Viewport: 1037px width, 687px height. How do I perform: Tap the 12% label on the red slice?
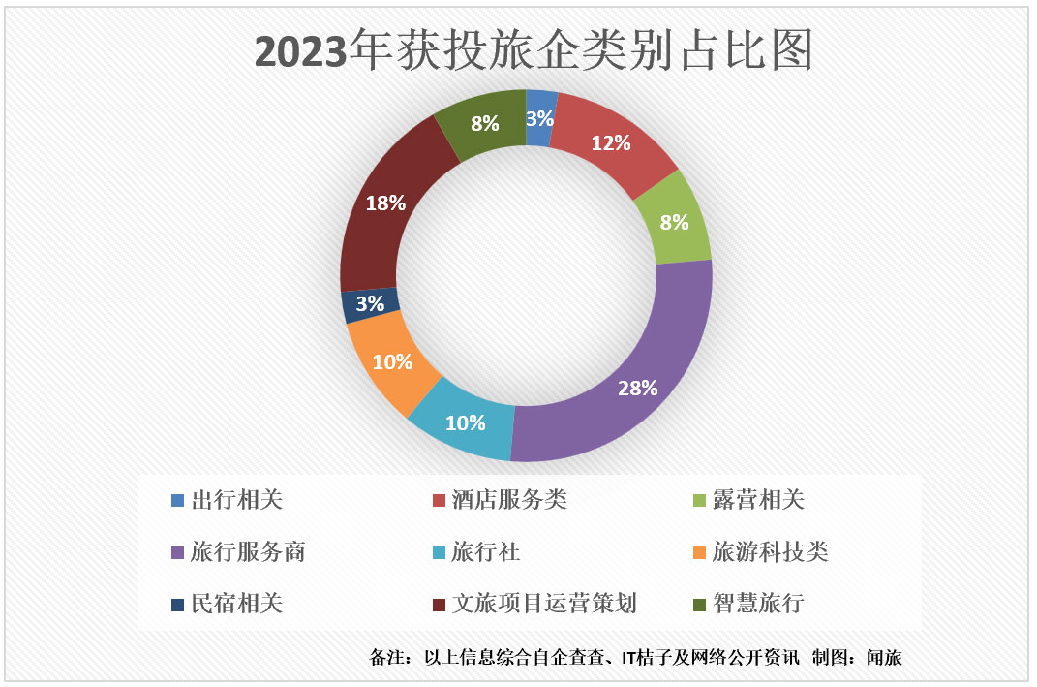[611, 143]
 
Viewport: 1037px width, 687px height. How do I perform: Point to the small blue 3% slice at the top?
[540, 118]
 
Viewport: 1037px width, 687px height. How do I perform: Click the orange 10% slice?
[393, 362]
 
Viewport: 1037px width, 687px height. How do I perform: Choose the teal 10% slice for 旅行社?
[465, 423]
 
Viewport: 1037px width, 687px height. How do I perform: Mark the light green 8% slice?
[673, 221]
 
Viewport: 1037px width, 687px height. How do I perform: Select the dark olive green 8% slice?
[484, 123]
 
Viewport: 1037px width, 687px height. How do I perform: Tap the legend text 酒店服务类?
[509, 500]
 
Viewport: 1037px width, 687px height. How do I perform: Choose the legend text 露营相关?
[758, 500]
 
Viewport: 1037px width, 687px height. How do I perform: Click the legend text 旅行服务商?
[249, 552]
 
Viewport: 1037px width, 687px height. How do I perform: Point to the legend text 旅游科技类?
[771, 552]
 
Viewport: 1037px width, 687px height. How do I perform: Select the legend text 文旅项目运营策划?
[544, 604]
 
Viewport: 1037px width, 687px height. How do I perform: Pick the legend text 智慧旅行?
[758, 604]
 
